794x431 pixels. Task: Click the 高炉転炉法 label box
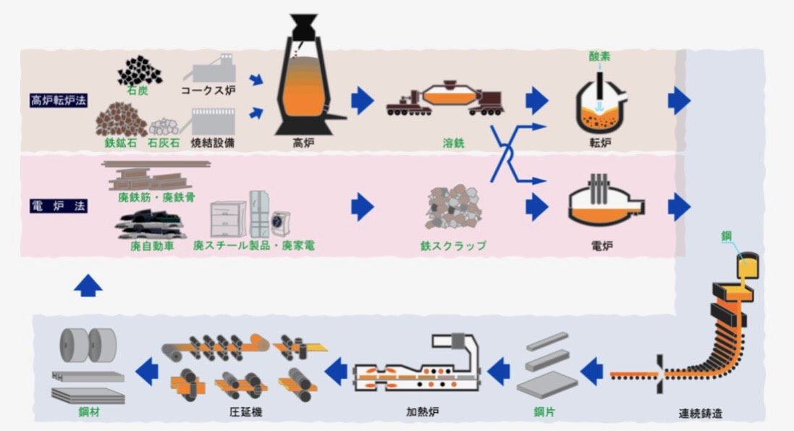pyautogui.click(x=59, y=100)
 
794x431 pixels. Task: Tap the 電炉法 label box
pyautogui.click(x=59, y=206)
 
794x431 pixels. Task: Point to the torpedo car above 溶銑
pyautogui.click(x=445, y=100)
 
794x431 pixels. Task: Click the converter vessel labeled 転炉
pyautogui.click(x=600, y=104)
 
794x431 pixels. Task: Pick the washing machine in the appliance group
pyautogui.click(x=281, y=220)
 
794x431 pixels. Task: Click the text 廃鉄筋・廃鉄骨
pyautogui.click(x=156, y=197)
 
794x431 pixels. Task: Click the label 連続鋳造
pyautogui.click(x=700, y=414)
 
